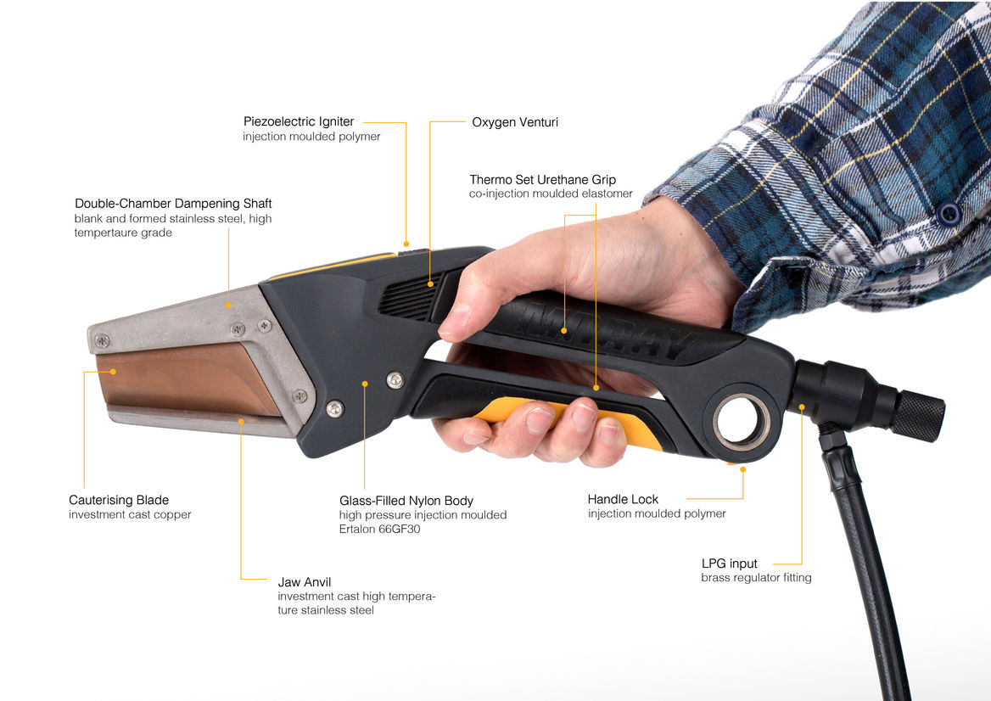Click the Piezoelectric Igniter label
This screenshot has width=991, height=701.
point(299,121)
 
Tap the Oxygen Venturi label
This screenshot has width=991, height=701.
point(515,122)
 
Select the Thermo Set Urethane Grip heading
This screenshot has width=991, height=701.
point(542,180)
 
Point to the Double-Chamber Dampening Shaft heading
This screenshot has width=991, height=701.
point(173,204)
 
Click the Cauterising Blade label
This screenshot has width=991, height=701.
point(119,500)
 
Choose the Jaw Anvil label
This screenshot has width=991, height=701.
point(305,582)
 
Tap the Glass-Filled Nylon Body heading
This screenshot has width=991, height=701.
point(406,501)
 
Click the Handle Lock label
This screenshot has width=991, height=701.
point(623,499)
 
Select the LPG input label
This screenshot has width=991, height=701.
point(730,564)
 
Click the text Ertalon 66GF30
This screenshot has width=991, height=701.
point(379,529)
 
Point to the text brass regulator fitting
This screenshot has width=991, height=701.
point(757,577)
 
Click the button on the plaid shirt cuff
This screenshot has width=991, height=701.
point(949,214)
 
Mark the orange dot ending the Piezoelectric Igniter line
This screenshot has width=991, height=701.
point(406,244)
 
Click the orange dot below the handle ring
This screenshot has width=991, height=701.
point(742,469)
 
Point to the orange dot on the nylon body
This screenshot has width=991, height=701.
point(365,384)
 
